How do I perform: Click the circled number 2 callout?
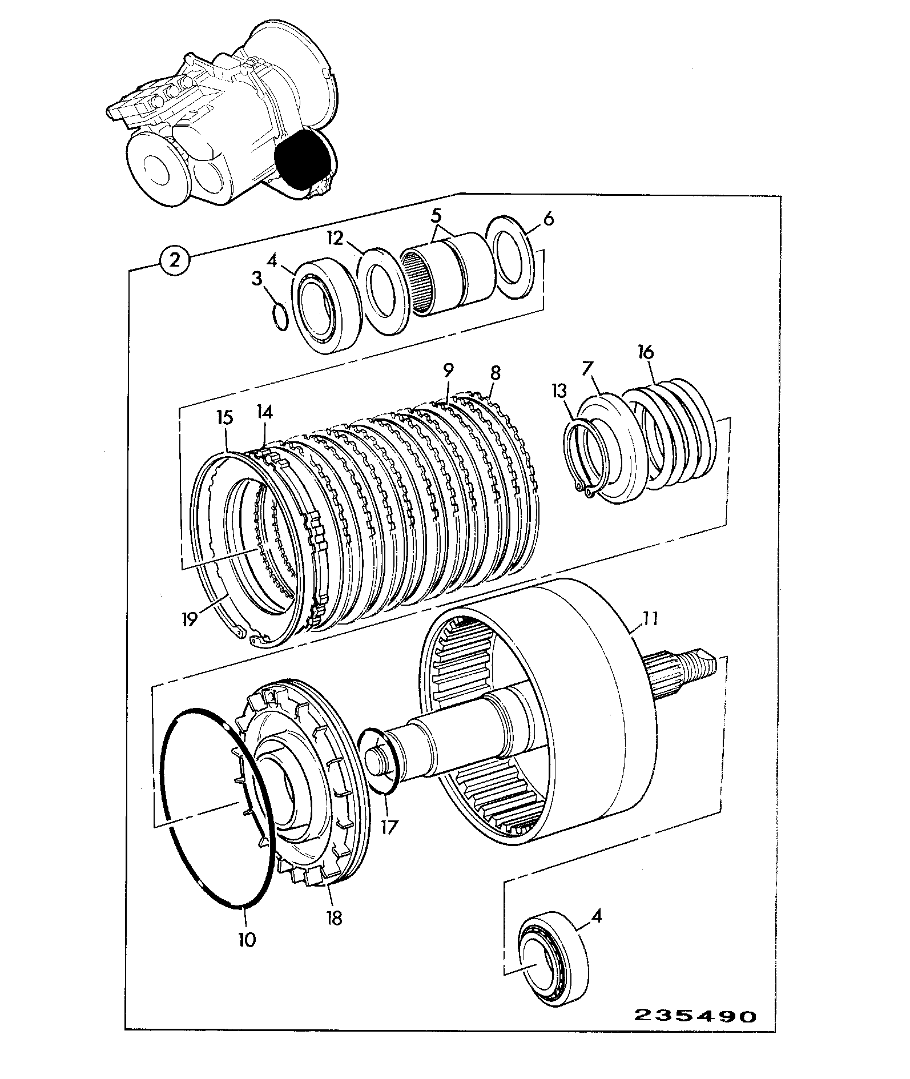coord(175,260)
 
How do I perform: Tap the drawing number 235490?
coord(695,1017)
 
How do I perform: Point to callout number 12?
coord(336,237)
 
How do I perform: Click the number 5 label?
coord(437,216)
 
